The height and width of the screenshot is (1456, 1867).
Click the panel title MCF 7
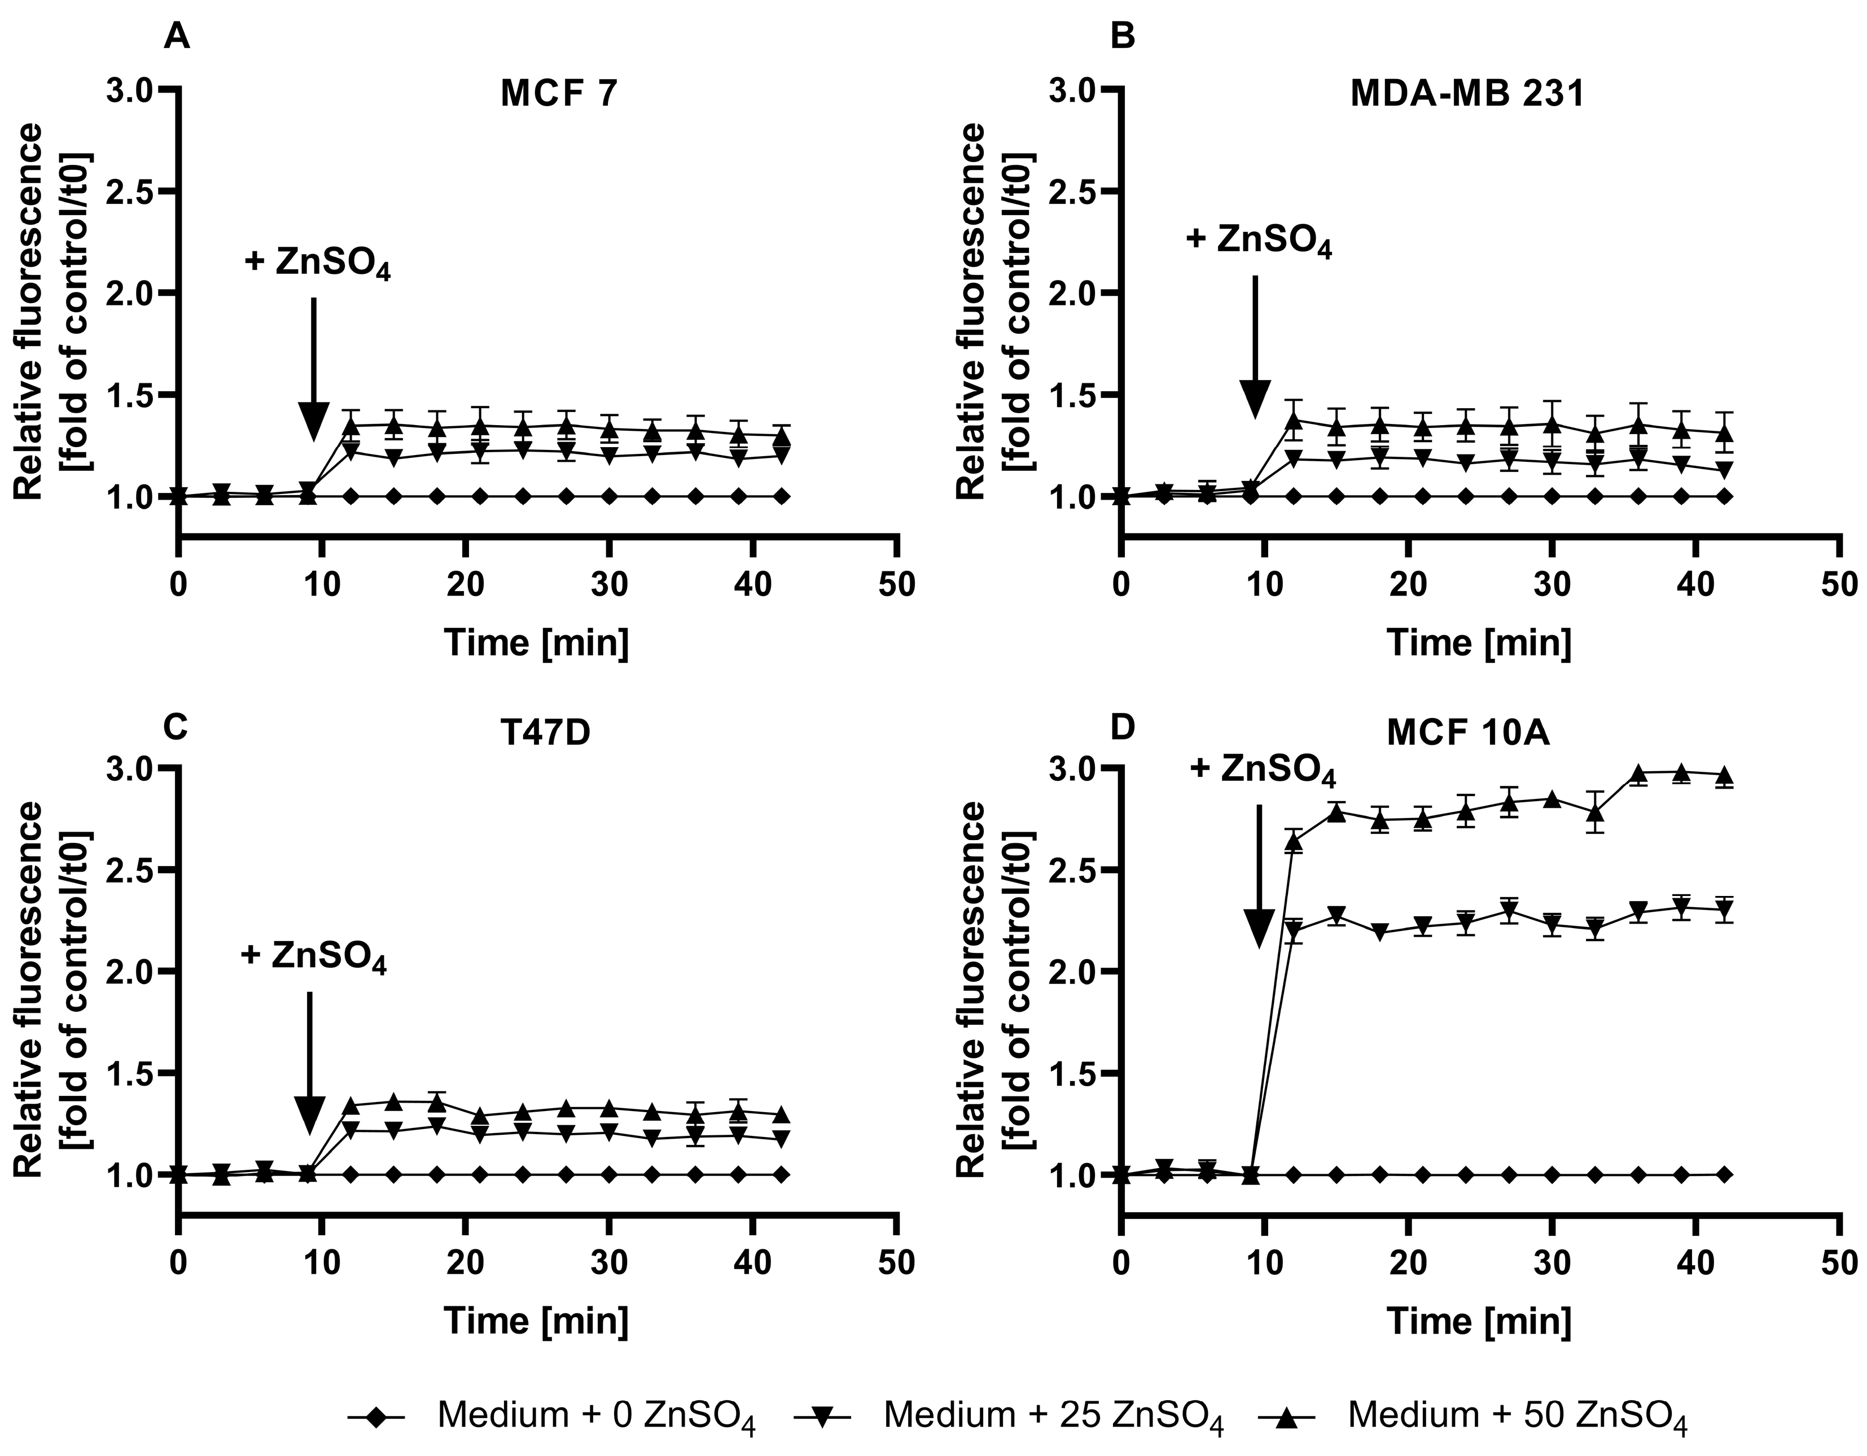[x=558, y=93]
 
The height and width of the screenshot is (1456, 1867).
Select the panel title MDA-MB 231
[x=1467, y=93]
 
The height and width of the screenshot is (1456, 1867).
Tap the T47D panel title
[x=545, y=733]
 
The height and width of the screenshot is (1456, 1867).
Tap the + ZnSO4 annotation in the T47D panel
[x=314, y=956]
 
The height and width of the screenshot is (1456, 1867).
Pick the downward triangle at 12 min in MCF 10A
[x=1294, y=931]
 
